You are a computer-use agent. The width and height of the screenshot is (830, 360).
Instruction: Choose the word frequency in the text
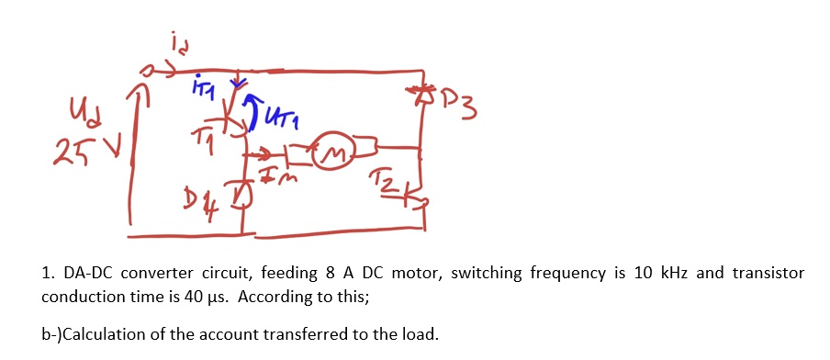coord(555,274)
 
